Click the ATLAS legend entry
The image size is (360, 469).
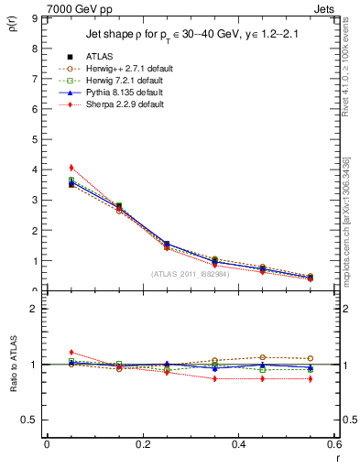click(101, 57)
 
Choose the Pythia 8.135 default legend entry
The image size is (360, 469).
click(119, 93)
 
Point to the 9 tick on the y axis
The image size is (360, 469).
click(34, 18)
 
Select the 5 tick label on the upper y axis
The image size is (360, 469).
click(34, 139)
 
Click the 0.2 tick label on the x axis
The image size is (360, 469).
click(142, 444)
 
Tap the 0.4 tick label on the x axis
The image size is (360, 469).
click(238, 444)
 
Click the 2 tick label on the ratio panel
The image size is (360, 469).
click(34, 309)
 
